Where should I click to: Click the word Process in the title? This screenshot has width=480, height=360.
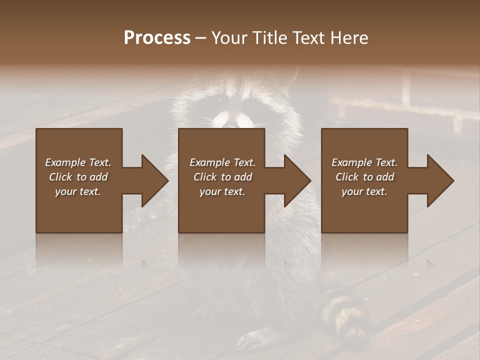[157, 38]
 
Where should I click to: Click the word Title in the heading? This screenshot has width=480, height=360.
[270, 38]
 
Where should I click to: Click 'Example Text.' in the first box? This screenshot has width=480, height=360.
[78, 162]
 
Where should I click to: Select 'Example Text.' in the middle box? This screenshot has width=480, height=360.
[222, 162]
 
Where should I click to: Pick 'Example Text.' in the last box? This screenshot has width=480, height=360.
[364, 162]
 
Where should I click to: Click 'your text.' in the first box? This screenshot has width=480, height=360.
[78, 191]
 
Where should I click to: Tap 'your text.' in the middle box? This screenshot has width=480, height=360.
[222, 191]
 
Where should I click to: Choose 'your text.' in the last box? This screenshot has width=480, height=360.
[364, 191]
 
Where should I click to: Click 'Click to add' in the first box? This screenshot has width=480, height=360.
[78, 177]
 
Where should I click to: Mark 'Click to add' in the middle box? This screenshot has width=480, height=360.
[222, 177]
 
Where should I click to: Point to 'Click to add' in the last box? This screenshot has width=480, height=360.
[364, 177]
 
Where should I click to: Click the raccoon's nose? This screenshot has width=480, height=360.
[230, 125]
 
